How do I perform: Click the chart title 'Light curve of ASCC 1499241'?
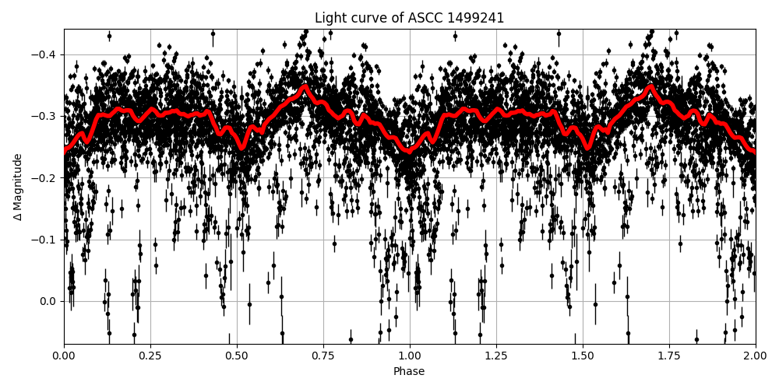tap(409, 18)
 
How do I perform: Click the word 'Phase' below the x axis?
tap(409, 372)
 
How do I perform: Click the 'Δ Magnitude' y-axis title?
tap(18, 187)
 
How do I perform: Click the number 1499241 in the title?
tap(475, 18)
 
